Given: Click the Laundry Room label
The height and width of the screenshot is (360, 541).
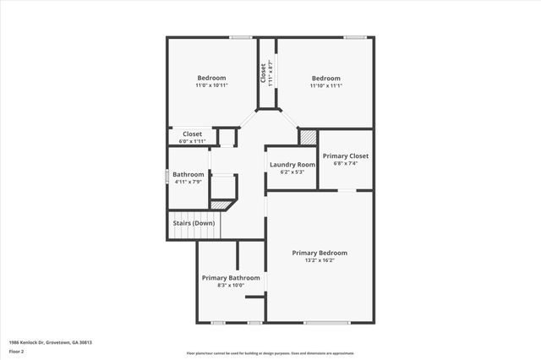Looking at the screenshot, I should click(292, 164).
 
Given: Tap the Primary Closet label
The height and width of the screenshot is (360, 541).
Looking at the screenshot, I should click(346, 155).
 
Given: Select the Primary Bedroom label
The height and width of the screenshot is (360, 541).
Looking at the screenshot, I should click(320, 253).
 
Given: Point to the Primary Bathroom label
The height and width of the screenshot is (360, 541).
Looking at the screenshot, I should click(231, 277).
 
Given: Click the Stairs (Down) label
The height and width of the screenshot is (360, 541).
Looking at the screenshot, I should click(192, 223).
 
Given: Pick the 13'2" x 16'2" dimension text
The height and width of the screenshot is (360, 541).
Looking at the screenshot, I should click(320, 260).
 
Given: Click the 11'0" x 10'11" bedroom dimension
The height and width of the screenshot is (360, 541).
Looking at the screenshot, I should click(211, 85).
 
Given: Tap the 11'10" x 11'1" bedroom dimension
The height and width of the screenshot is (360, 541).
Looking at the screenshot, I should click(325, 85).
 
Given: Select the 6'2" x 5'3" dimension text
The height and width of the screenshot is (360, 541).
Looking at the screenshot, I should click(292, 172).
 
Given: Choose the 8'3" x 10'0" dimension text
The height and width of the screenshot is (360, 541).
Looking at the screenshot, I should click(231, 285).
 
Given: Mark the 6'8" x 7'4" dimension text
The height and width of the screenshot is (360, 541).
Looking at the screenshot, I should click(346, 163).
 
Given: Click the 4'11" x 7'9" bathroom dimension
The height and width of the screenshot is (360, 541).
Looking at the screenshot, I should click(188, 183).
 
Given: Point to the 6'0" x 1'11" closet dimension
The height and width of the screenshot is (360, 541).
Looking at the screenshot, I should click(192, 140).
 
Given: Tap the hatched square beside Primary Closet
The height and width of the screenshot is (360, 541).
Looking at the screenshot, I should click(308, 136).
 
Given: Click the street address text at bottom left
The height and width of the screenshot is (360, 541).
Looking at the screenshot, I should click(50, 342).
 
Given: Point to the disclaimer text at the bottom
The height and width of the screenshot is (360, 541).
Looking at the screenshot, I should click(270, 352).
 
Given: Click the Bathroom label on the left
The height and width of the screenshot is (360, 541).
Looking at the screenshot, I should click(188, 175).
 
